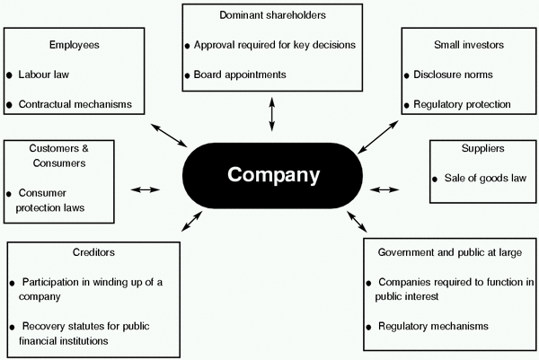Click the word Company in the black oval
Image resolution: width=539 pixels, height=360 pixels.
pyautogui.click(x=273, y=173)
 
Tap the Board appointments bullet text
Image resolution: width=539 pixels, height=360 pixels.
pyautogui.click(x=241, y=75)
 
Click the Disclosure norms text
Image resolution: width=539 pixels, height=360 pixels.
pyautogui.click(x=458, y=75)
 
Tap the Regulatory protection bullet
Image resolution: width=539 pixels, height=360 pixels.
pyautogui.click(x=468, y=105)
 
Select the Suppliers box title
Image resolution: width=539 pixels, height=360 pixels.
pyautogui.click(x=482, y=147)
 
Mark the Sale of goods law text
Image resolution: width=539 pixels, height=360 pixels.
pyautogui.click(x=489, y=179)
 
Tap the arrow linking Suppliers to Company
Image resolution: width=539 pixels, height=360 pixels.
pyautogui.click(x=384, y=189)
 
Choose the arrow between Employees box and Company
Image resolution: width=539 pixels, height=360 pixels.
pyautogui.click(x=168, y=135)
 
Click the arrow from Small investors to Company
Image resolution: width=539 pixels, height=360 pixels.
pyautogui.click(x=376, y=136)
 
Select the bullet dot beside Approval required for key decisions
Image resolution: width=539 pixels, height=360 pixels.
pyautogui.click(x=188, y=45)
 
